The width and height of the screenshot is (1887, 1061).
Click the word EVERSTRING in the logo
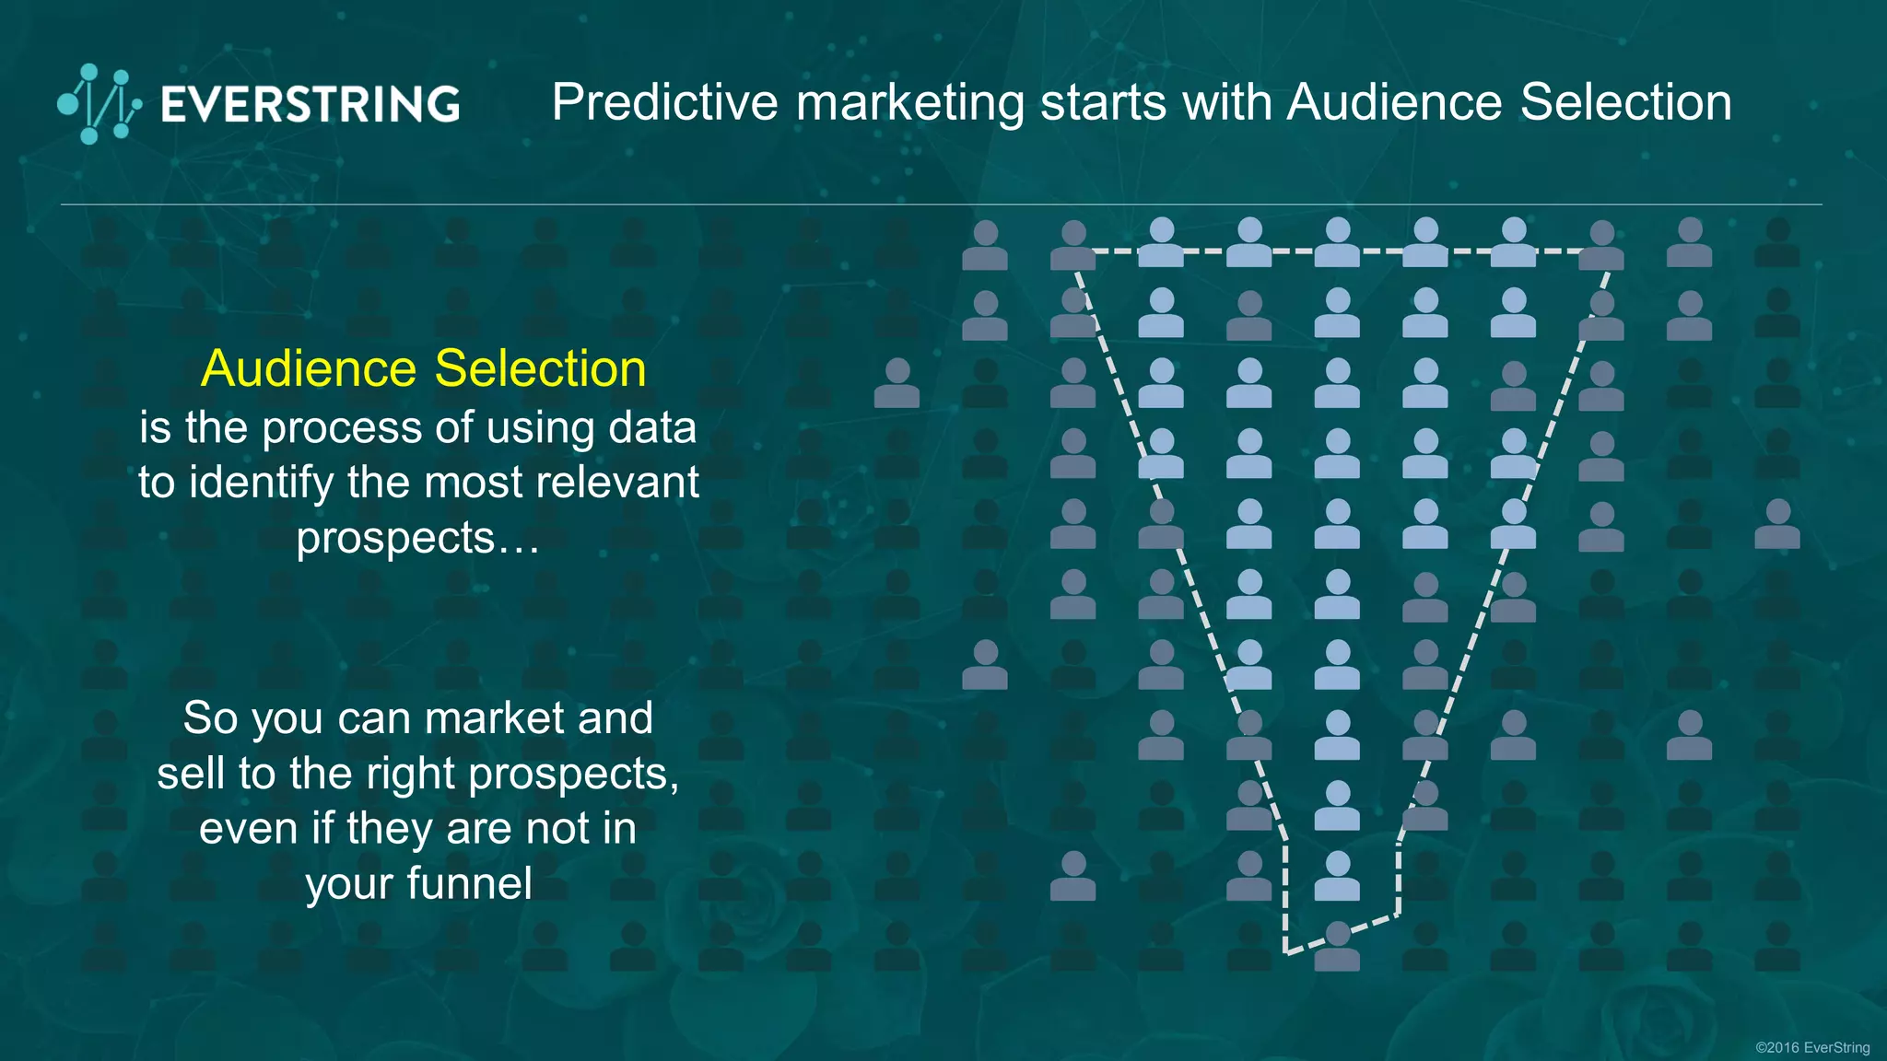point(311,104)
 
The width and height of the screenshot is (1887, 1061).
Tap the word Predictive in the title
point(664,102)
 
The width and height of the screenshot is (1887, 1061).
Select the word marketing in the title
point(909,104)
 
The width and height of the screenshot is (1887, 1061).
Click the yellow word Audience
point(309,368)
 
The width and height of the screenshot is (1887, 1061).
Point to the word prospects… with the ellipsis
point(417,538)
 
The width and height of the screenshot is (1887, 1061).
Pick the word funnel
point(469,883)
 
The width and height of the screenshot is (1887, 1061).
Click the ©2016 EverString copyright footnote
point(1811,1047)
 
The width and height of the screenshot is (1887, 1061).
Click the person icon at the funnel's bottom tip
point(1337,946)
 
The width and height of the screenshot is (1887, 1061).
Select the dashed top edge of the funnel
point(1337,251)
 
